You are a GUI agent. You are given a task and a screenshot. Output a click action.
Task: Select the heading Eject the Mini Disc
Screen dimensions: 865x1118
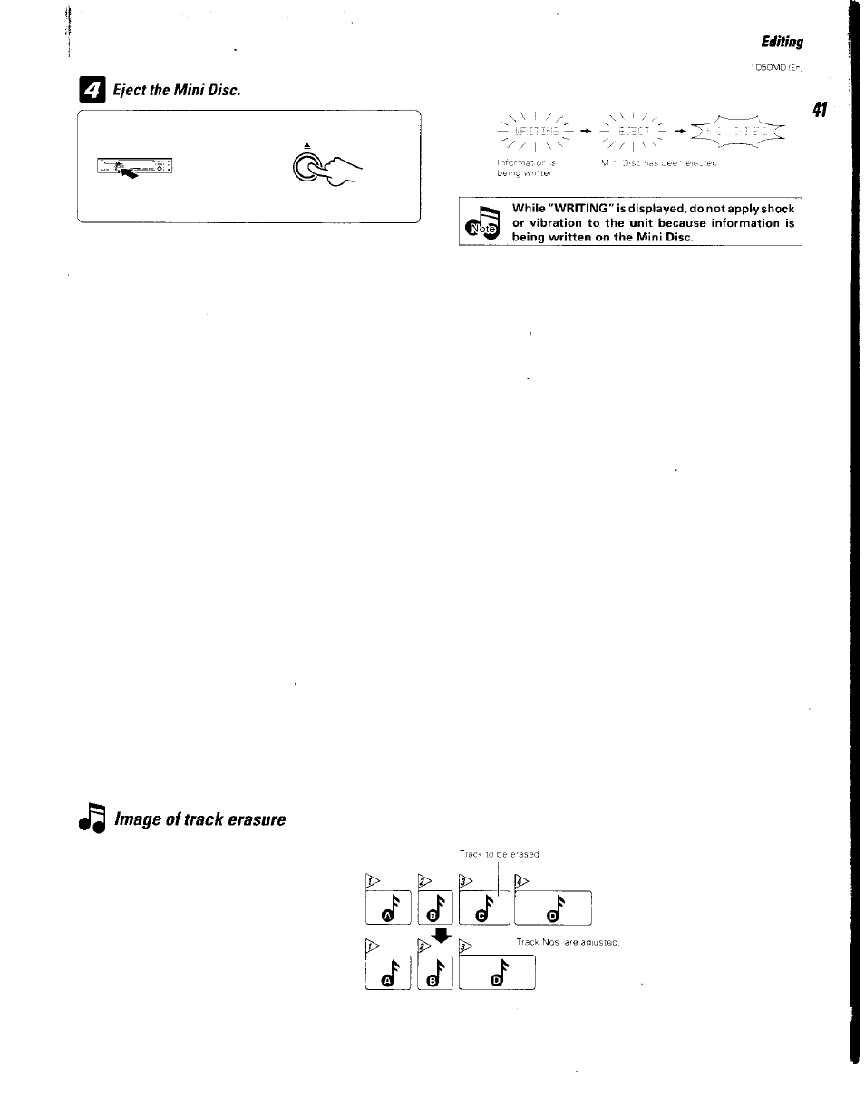point(176,93)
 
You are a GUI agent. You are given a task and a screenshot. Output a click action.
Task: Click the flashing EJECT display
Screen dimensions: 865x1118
point(629,132)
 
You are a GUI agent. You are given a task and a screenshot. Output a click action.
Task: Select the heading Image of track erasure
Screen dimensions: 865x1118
point(199,819)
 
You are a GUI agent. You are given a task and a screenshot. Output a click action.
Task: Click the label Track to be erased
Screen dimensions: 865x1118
point(499,854)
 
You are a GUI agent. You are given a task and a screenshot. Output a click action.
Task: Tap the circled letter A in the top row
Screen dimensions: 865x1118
point(387,916)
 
